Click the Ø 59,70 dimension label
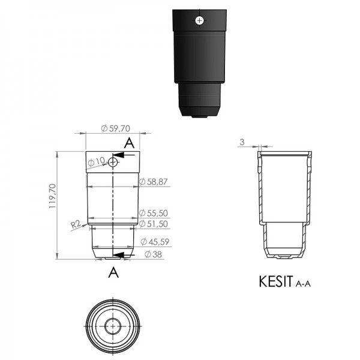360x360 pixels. point(115,128)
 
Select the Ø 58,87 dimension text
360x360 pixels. point(154,182)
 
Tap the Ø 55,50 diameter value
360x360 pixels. point(154,213)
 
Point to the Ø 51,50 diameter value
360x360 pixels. point(154,224)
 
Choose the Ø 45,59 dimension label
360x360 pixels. point(155,242)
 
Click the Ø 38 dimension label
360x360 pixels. point(153,254)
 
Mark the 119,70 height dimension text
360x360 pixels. point(53,196)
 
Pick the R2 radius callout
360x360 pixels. point(76,224)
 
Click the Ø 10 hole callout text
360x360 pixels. point(97,161)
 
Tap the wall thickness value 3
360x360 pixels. point(242,142)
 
